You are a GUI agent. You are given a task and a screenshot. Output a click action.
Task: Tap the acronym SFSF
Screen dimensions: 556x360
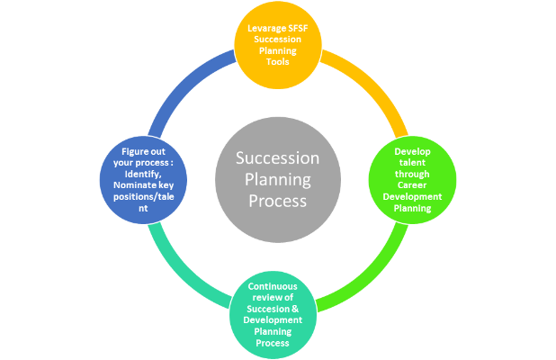(x=298, y=28)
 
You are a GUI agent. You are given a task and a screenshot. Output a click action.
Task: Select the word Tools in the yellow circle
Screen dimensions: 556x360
(x=278, y=62)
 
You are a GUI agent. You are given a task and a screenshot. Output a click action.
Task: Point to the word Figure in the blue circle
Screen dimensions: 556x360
(x=134, y=152)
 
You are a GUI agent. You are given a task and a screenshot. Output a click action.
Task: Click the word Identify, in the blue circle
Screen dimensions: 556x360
(x=143, y=174)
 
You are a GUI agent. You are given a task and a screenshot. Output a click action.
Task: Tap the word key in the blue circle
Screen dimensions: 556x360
(x=166, y=185)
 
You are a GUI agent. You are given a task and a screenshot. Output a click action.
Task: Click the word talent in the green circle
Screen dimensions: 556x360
(x=412, y=162)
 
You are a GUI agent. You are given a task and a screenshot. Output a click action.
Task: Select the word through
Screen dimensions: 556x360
(x=412, y=174)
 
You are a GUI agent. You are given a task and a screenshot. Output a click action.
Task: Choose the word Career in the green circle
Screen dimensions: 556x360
(x=412, y=185)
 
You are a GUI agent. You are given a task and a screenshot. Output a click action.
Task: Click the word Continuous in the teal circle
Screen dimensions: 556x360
(x=273, y=286)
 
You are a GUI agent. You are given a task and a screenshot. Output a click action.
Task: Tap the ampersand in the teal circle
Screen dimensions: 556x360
(x=295, y=309)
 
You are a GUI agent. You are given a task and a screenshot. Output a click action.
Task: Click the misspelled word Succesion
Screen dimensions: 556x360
(x=268, y=309)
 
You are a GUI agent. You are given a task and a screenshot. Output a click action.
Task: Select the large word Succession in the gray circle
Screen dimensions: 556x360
(x=278, y=157)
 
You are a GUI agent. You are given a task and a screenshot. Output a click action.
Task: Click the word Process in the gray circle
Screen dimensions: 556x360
(x=278, y=201)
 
